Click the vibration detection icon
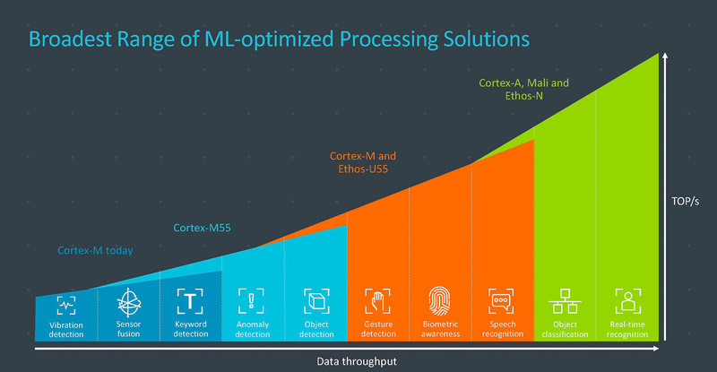pyautogui.click(x=65, y=302)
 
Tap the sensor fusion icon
pyautogui.click(x=128, y=299)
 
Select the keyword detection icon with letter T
pyautogui.click(x=190, y=299)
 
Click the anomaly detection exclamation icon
pyautogui.click(x=252, y=300)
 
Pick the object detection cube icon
pyautogui.click(x=315, y=299)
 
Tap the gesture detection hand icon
pyautogui.click(x=377, y=299)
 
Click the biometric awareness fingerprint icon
pyautogui.click(x=440, y=299)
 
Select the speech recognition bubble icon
pyautogui.click(x=501, y=299)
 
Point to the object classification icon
pyautogui.click(x=565, y=299)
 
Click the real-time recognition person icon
pyautogui.click(x=627, y=299)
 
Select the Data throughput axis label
pyautogui.click(x=356, y=360)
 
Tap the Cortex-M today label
pyautogui.click(x=95, y=251)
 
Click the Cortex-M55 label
pyautogui.click(x=202, y=229)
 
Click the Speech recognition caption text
pyautogui.click(x=502, y=329)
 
